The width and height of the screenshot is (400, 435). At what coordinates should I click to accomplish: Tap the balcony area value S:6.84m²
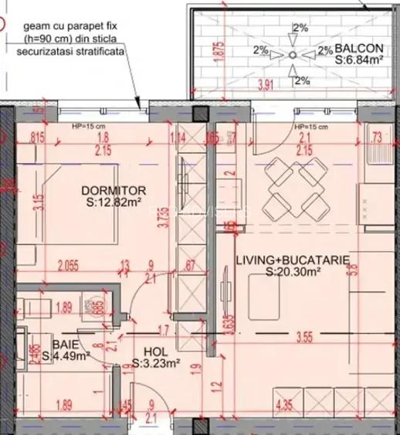point(360,59)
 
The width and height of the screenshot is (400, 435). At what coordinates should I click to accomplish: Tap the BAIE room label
point(65,345)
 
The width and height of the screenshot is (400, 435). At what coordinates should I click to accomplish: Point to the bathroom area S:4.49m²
point(66,356)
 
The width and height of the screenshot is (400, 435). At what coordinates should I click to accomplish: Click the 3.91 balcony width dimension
point(265,84)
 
